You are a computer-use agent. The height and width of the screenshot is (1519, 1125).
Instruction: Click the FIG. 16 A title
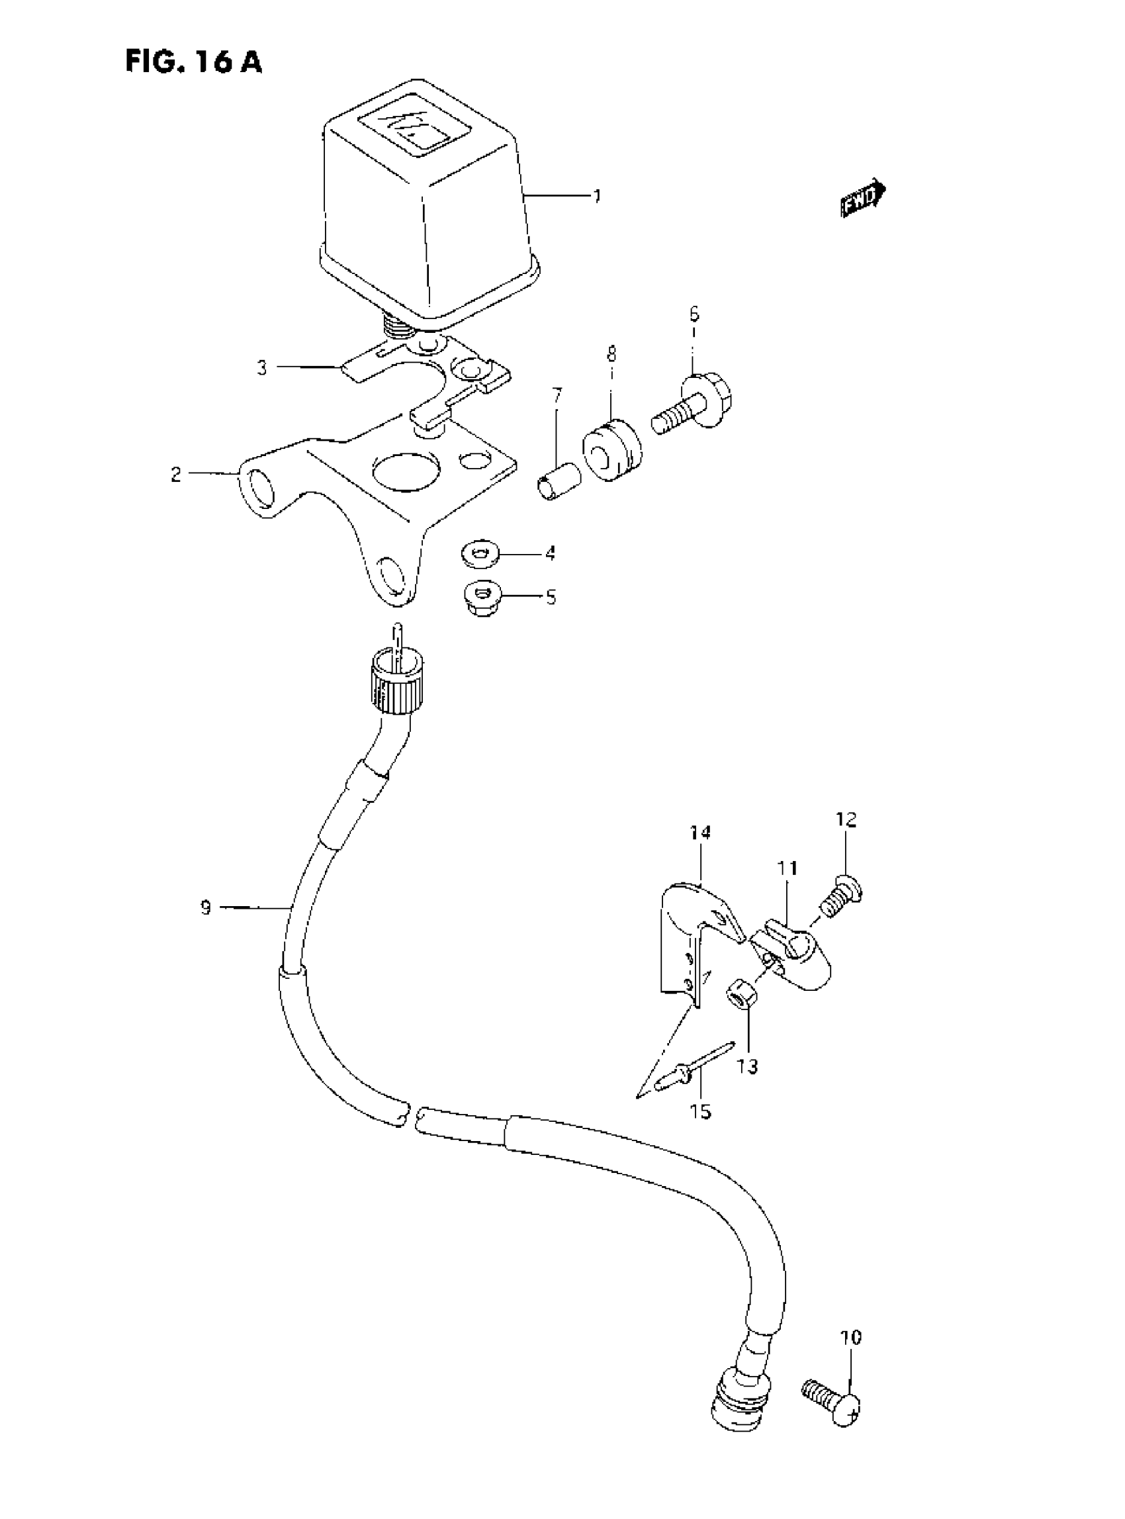193,62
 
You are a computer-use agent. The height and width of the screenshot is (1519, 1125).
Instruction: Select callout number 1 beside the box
597,197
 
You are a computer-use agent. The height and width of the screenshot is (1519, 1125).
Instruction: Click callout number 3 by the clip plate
262,369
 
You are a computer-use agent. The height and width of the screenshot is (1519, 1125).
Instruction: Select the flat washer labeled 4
480,553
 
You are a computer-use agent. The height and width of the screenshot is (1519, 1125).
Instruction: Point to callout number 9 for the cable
206,907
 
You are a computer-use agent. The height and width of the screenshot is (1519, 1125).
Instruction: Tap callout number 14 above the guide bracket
700,833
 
